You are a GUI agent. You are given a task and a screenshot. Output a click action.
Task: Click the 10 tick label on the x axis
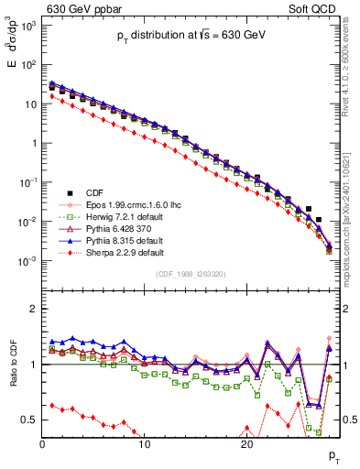[x=145, y=444]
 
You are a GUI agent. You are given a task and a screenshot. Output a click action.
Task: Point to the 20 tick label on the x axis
[x=246, y=444]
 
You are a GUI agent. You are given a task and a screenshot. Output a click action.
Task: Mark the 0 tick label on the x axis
[x=43, y=444]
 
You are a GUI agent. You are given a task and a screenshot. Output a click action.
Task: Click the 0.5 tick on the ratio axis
[x=28, y=420]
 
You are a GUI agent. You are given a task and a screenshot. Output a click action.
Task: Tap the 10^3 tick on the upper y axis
[x=27, y=27]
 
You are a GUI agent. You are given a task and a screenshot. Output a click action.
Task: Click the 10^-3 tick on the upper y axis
[x=27, y=261]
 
